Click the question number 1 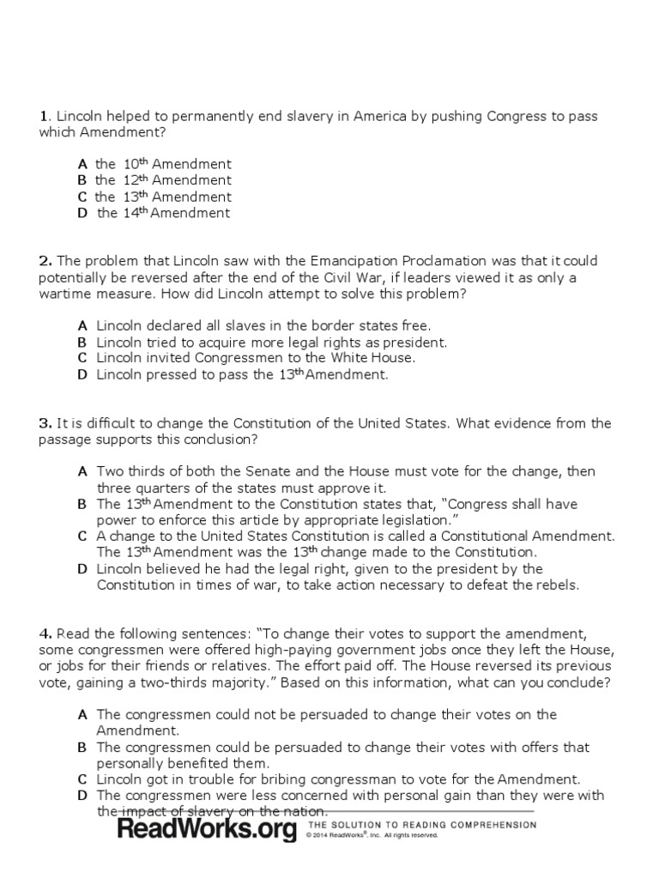tap(42, 117)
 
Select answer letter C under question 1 tap(82, 197)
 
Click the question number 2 tap(45, 261)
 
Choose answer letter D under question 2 tap(82, 374)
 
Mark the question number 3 tap(45, 423)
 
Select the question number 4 tap(45, 634)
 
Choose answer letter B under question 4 tap(82, 748)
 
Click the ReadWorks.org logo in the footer tap(207, 829)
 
